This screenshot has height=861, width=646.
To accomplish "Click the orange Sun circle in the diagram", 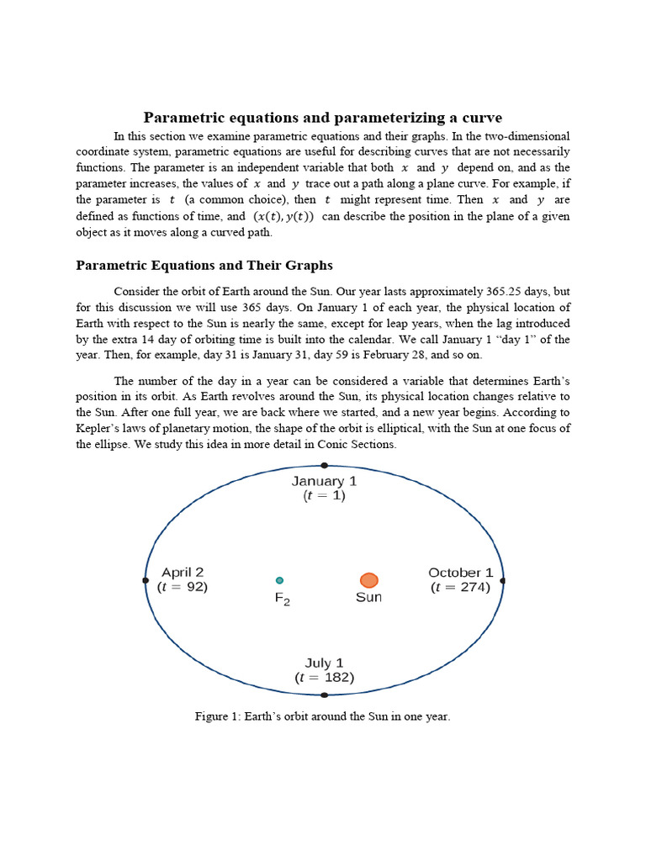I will tap(368, 579).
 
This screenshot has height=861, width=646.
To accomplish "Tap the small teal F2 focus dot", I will tap(279, 579).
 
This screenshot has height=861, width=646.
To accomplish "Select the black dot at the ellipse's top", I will tap(325, 465).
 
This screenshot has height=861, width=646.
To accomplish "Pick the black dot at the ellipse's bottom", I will tap(325, 695).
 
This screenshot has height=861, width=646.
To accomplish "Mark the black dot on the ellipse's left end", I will tap(146, 580).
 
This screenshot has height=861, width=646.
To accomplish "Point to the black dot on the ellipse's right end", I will tap(502, 580).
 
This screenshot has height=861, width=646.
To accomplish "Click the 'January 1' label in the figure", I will tap(325, 481).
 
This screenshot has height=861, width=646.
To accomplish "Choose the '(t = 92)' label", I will tap(183, 588).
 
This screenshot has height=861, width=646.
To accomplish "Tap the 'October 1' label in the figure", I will tap(460, 573).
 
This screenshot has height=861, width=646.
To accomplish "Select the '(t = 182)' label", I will tap(325, 678).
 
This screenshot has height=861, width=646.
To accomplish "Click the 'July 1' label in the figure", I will tap(325, 663).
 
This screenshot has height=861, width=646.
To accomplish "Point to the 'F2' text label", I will tap(283, 599).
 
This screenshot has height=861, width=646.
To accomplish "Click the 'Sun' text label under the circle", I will tap(368, 598).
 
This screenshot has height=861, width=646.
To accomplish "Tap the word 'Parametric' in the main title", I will tap(183, 117).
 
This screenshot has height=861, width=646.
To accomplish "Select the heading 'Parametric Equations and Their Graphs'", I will tap(204, 266).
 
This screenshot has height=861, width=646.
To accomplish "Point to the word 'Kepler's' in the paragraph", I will tap(99, 429).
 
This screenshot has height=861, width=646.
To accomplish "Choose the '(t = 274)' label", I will tap(460, 588).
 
